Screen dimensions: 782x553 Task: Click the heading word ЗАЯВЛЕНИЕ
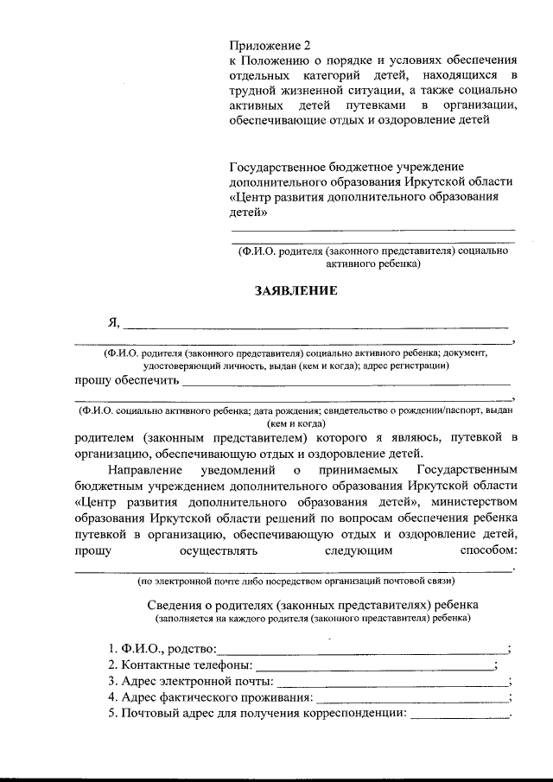click(x=296, y=290)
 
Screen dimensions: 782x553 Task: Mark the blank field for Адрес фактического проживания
click(x=412, y=697)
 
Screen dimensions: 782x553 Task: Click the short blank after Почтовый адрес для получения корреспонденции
click(x=459, y=714)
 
